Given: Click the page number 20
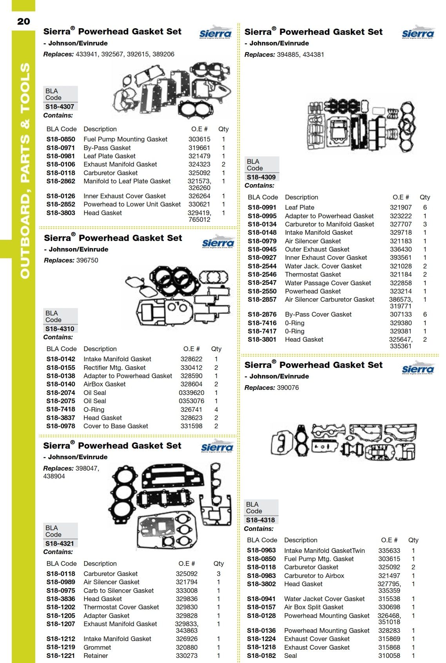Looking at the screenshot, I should coord(24,21).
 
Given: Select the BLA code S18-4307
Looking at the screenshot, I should coord(60,107).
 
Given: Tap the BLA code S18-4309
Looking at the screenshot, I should coord(261,177).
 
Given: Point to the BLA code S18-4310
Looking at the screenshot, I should coord(60,329).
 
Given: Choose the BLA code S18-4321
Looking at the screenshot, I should coord(60,543).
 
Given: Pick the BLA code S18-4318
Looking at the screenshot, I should coord(260,520).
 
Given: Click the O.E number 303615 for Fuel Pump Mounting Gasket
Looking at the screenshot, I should coord(199,139).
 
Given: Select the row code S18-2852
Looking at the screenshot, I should coord(61,204).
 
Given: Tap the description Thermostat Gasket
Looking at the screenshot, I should coord(313,274).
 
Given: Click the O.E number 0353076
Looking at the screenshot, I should coord(191,401).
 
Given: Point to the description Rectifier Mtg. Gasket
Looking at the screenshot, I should coord(114,368).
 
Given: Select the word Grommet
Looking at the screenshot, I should coord(97,647).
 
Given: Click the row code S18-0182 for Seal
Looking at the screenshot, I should coord(261,656).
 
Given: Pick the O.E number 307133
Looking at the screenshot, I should coord(401,314).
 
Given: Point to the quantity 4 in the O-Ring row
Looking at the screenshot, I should coord(216,409).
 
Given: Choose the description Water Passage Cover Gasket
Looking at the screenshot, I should coord(328,283).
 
